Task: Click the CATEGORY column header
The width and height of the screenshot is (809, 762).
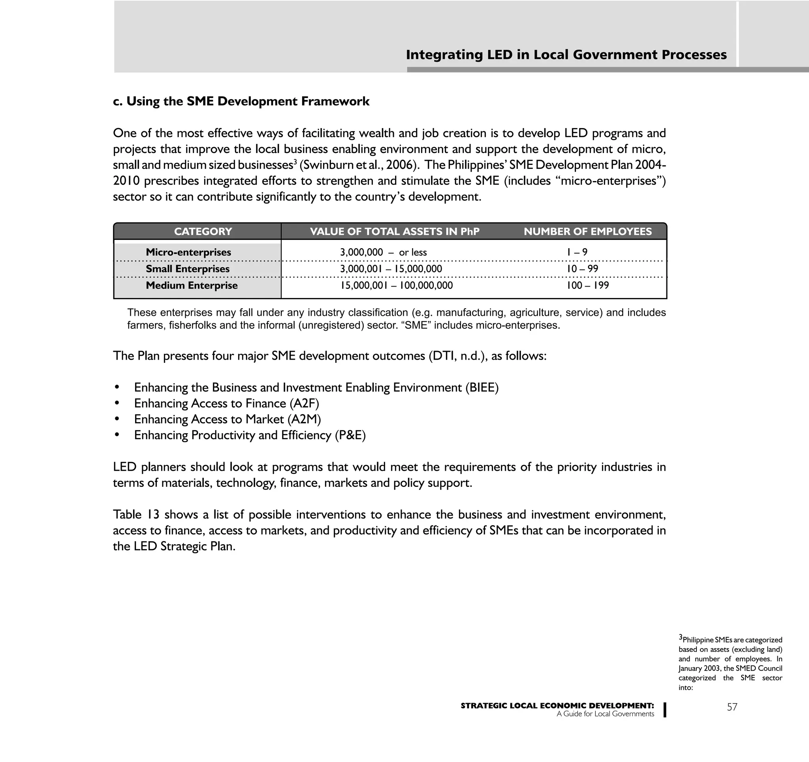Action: [x=203, y=232]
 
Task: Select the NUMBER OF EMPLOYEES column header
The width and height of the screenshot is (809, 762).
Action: [x=588, y=232]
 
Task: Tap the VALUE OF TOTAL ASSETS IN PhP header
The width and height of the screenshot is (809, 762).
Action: [x=394, y=232]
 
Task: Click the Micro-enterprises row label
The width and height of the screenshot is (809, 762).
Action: [x=188, y=253]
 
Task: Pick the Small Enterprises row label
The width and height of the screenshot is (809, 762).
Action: [x=188, y=269]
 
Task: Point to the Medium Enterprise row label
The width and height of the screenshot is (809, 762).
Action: [x=192, y=285]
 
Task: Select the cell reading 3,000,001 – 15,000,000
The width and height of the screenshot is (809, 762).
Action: [x=391, y=269]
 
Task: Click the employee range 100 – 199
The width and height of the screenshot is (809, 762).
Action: [x=588, y=285]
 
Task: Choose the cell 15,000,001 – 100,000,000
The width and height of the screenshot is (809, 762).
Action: [x=396, y=285]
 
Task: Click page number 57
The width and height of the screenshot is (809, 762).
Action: [x=732, y=707]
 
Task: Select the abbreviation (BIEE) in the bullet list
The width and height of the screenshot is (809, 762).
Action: [x=482, y=387]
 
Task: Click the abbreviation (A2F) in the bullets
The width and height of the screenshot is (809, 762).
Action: [x=304, y=404]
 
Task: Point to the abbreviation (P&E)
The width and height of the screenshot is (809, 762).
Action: [x=350, y=435]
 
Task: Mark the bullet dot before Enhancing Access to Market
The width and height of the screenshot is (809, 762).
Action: [x=117, y=419]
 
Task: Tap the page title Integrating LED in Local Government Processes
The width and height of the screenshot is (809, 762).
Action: [x=566, y=55]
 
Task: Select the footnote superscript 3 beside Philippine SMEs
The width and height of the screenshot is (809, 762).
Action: [x=680, y=637]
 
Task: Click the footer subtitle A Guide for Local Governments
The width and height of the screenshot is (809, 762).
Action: [x=605, y=714]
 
